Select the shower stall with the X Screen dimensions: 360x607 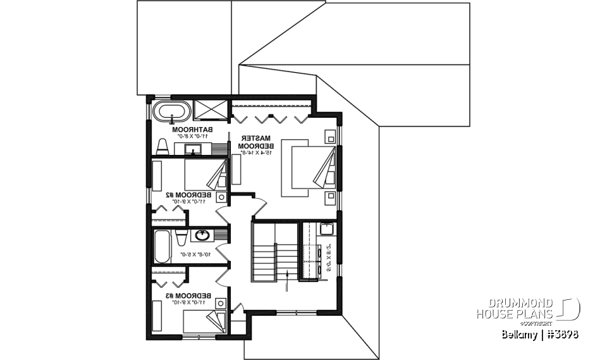pos(211,108)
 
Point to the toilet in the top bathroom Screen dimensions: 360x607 pos(162,147)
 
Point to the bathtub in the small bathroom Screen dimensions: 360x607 pos(161,246)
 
